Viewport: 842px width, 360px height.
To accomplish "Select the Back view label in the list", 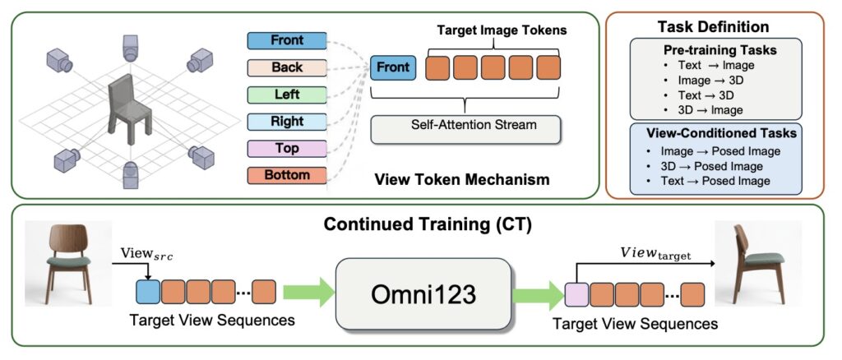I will (x=287, y=67).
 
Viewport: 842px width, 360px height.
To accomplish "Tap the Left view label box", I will (x=287, y=95).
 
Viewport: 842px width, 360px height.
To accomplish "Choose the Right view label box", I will (x=287, y=122).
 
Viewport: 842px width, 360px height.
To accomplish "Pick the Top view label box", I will (x=287, y=149).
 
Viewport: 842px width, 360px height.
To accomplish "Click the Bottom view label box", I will (x=287, y=175).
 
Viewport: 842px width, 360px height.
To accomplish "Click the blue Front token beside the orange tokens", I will (x=393, y=67).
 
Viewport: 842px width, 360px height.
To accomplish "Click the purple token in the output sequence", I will (x=577, y=293).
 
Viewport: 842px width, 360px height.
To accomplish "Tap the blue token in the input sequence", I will (x=146, y=292).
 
